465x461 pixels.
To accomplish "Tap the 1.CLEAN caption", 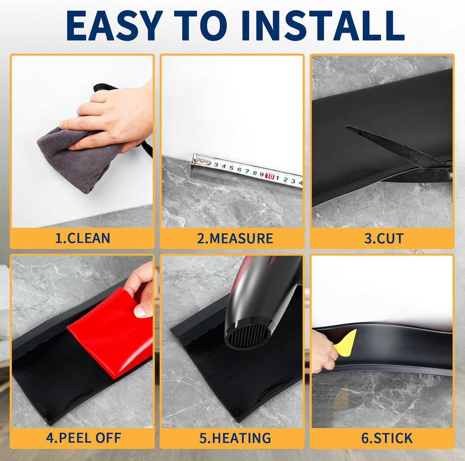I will click(82, 238).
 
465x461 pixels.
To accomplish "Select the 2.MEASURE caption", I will click(235, 238).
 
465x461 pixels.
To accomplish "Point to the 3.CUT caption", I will click(384, 238).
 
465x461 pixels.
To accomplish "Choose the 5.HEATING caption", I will click(235, 438).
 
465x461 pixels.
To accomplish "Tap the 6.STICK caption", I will click(387, 438).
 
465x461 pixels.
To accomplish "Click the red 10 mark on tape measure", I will click(270, 176).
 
